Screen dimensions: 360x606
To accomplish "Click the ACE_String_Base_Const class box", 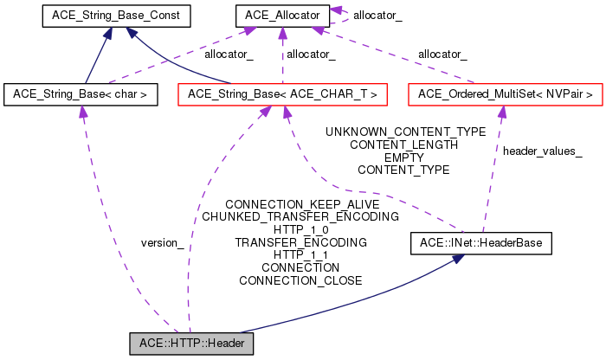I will (106, 16).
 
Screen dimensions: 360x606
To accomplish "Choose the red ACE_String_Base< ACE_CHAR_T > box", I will (281, 93).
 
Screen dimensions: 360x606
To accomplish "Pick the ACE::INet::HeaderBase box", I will (480, 244).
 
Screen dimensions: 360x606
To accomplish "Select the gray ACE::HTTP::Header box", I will (191, 344).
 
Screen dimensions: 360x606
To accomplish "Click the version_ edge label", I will (162, 242).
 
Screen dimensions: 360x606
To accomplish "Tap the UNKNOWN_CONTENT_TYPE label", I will (404, 132).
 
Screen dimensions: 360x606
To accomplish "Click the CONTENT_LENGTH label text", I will (403, 145).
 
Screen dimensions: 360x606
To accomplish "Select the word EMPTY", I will (403, 157).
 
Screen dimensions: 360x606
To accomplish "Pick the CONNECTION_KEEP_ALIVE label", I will (300, 203).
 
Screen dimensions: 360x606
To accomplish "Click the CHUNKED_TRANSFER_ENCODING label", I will (300, 216).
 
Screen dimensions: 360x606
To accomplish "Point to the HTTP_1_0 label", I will (300, 229).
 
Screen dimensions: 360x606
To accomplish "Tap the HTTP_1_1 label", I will (300, 255).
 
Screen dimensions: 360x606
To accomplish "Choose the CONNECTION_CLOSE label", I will (300, 280).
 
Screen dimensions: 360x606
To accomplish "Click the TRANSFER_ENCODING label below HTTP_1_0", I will (300, 242).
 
